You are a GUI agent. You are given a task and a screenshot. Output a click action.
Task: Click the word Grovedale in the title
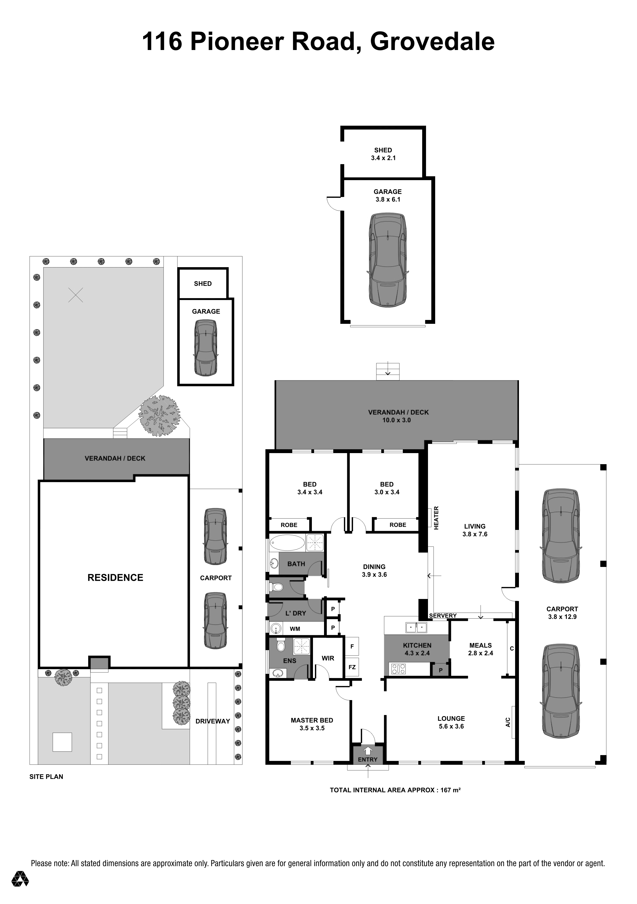pos(432,42)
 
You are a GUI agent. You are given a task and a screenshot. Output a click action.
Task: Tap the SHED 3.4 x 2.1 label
pos(383,154)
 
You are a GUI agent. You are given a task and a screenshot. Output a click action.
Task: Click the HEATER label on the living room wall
pos(436,517)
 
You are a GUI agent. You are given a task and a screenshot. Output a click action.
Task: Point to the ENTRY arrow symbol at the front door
pos(367,750)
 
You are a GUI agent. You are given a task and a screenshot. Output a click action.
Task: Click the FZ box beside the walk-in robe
pos(352,667)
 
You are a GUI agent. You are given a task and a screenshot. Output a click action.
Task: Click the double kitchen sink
pos(416,627)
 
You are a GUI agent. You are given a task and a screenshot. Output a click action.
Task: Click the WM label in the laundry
pos(295,629)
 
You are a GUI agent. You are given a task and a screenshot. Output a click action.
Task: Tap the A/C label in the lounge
pos(508,722)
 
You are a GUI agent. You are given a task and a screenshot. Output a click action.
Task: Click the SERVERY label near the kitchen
pos(443,616)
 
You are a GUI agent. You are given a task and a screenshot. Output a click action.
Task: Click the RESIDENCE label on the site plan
pos(115,578)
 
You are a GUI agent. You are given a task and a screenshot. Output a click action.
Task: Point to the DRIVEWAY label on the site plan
pos(213,721)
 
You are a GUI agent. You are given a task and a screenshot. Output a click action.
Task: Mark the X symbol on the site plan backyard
pos(76,295)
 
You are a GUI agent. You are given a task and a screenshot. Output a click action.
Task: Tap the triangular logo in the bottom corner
pos(20,879)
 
